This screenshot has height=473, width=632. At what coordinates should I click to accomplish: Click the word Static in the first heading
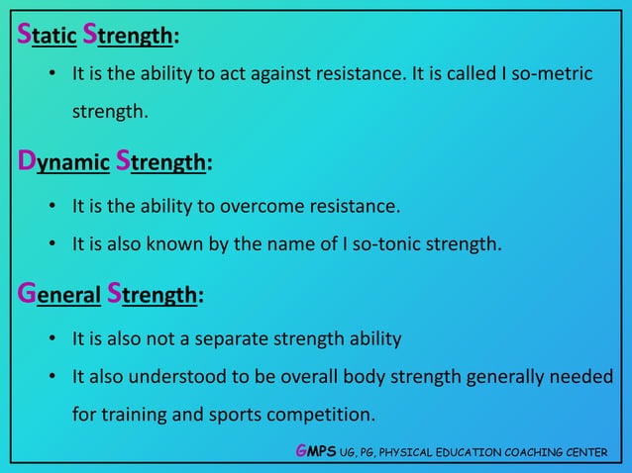(47, 37)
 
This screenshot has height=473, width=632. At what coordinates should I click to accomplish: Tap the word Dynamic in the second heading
(62, 162)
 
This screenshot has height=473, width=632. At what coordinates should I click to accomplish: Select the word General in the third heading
(58, 295)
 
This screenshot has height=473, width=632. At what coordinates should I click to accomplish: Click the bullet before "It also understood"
(52, 377)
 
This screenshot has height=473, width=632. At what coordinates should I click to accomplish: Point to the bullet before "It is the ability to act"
(52, 76)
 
